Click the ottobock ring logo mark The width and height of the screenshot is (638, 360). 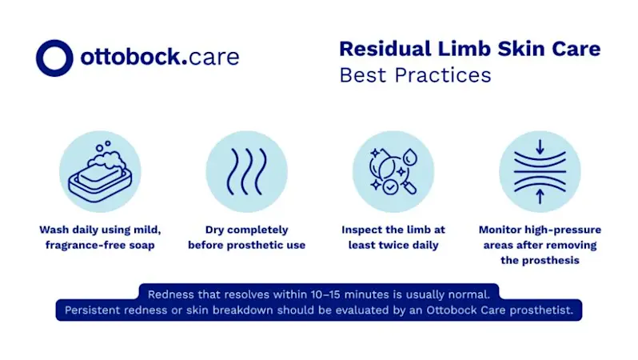coord(54,58)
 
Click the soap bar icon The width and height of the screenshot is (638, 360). coord(100,172)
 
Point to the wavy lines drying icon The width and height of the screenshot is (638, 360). coord(246,171)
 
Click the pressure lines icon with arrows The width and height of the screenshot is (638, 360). coord(539,171)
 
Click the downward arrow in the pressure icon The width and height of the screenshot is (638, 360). coord(540,146)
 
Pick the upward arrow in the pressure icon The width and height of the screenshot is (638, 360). coord(540,197)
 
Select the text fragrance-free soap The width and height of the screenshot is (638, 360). coord(99,245)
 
